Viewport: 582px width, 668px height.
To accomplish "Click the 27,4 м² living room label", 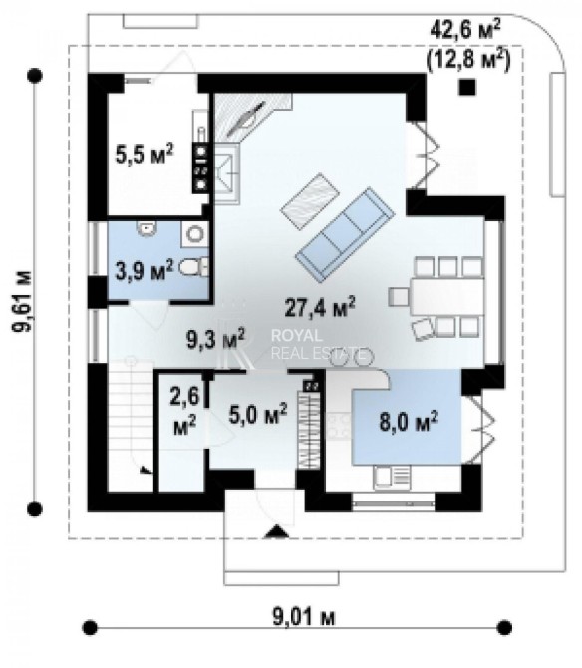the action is [x=319, y=307].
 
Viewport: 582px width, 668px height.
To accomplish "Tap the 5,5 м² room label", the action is [x=145, y=154].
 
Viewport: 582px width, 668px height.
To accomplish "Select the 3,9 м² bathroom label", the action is [x=145, y=270].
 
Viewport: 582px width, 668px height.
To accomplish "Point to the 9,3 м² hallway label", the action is [x=216, y=339].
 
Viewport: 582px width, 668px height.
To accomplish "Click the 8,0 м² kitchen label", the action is [x=409, y=422].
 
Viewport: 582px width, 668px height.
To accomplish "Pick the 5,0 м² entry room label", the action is [x=258, y=414].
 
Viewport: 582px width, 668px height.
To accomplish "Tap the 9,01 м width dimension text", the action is [x=304, y=617].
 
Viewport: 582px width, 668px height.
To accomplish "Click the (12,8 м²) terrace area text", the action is [x=468, y=60].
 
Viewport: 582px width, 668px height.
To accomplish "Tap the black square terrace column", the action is [x=467, y=88].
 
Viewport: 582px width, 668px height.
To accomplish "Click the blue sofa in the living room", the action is [x=345, y=235].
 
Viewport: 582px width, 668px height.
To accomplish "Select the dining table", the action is [x=447, y=296].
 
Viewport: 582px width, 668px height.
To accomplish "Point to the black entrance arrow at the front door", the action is [x=277, y=532].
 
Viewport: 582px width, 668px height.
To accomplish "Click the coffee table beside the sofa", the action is [x=310, y=201].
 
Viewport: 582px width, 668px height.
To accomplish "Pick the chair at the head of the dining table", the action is [x=399, y=297].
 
